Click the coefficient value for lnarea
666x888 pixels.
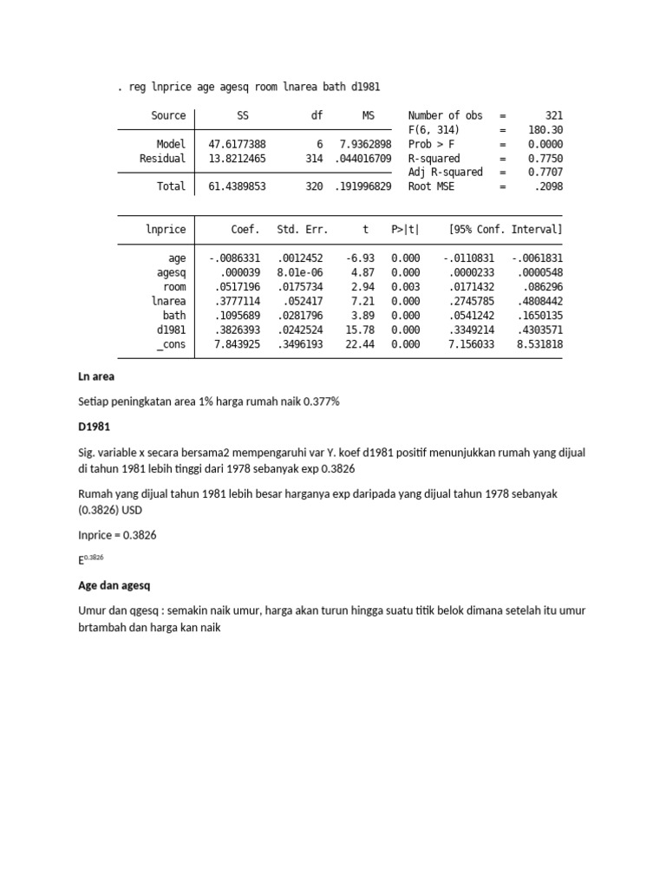pos(238,301)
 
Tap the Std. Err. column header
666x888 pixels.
pos(303,229)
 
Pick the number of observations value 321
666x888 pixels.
pos(553,115)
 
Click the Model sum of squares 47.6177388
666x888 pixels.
pos(238,144)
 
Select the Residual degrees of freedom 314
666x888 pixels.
pos(314,159)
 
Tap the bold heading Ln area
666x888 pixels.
pos(96,377)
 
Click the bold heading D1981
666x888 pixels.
pos(95,428)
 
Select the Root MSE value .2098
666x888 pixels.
pos(548,186)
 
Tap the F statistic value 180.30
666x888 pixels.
pos(545,130)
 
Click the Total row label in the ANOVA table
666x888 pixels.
pos(172,186)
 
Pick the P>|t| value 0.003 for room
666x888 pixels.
pos(405,286)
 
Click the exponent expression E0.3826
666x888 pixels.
pos(90,560)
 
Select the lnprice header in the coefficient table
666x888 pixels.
pos(166,229)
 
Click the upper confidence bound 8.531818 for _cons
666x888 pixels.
pos(539,344)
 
